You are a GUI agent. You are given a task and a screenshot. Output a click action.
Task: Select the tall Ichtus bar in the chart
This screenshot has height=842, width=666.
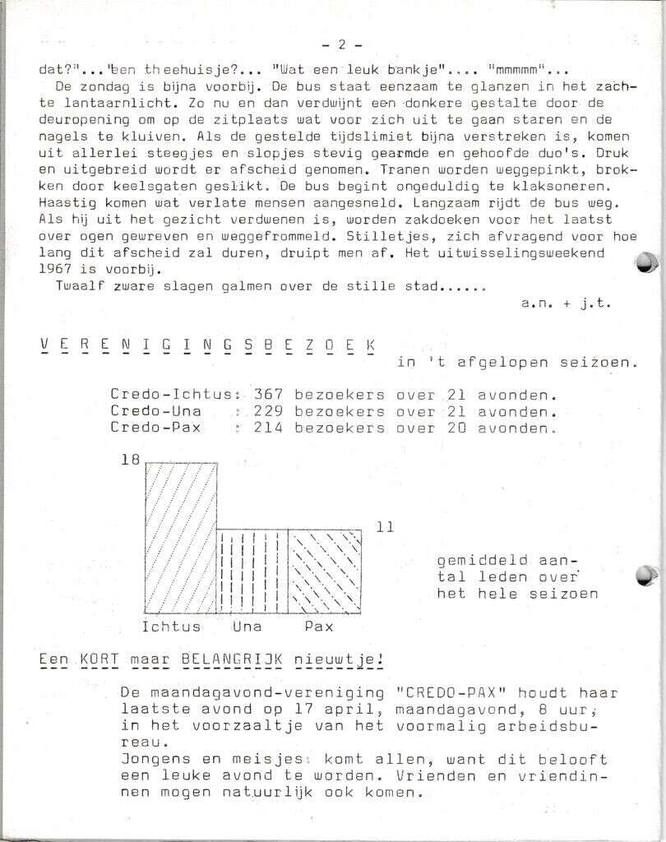click(182, 538)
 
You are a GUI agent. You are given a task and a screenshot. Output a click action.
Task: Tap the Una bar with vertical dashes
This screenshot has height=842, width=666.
click(252, 571)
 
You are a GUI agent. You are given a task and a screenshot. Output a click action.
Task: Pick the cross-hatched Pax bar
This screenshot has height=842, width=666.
click(324, 571)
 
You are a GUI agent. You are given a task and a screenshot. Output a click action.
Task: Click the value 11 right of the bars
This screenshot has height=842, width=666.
click(385, 527)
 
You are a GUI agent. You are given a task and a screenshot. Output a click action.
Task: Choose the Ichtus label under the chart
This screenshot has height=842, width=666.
click(171, 627)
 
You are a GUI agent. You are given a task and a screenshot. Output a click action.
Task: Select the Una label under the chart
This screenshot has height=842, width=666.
click(246, 627)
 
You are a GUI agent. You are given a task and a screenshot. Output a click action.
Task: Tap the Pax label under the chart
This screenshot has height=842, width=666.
click(318, 627)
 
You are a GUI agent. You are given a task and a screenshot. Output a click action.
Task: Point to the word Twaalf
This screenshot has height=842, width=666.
click(79, 286)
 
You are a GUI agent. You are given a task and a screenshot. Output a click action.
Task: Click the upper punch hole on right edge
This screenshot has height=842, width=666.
click(647, 262)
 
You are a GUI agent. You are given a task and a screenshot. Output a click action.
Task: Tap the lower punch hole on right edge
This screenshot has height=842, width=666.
click(647, 575)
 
